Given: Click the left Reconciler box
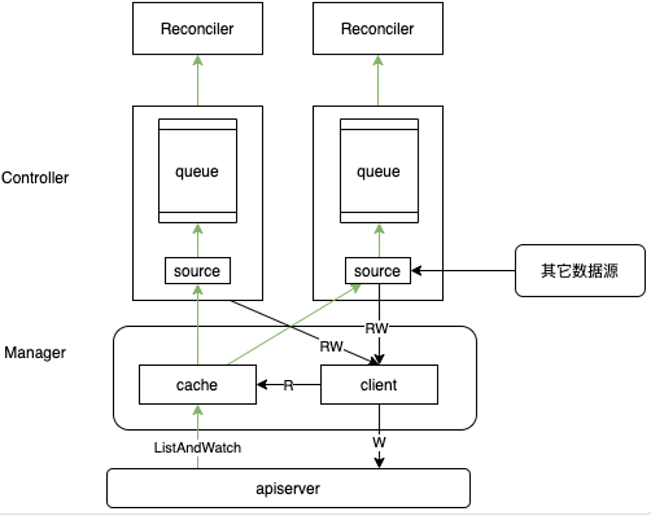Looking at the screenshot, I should tap(197, 28).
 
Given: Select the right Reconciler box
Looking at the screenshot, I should tap(377, 28).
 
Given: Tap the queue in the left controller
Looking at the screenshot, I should tap(197, 171).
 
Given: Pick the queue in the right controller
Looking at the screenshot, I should tap(378, 171).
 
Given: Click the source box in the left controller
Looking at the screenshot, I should tap(197, 271).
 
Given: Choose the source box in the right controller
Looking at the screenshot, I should tap(377, 271).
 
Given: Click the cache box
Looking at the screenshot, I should tap(197, 385).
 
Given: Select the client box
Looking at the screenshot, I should tap(379, 385).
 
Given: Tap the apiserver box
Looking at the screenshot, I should tap(288, 488).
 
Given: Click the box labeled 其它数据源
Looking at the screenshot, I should tap(580, 270).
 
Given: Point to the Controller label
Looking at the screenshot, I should tap(35, 178).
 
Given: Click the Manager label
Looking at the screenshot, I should tap(35, 353).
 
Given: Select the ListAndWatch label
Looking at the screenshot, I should tap(197, 447).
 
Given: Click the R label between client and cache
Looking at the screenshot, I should tap(288, 385).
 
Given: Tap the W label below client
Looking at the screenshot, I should tap(378, 443).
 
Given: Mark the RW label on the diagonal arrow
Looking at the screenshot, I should tap(331, 346).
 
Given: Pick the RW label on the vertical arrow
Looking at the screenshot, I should tap(377, 329).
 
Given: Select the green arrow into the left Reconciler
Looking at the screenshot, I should tap(197, 80).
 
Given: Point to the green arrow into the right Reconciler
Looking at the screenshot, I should tap(378, 80).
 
